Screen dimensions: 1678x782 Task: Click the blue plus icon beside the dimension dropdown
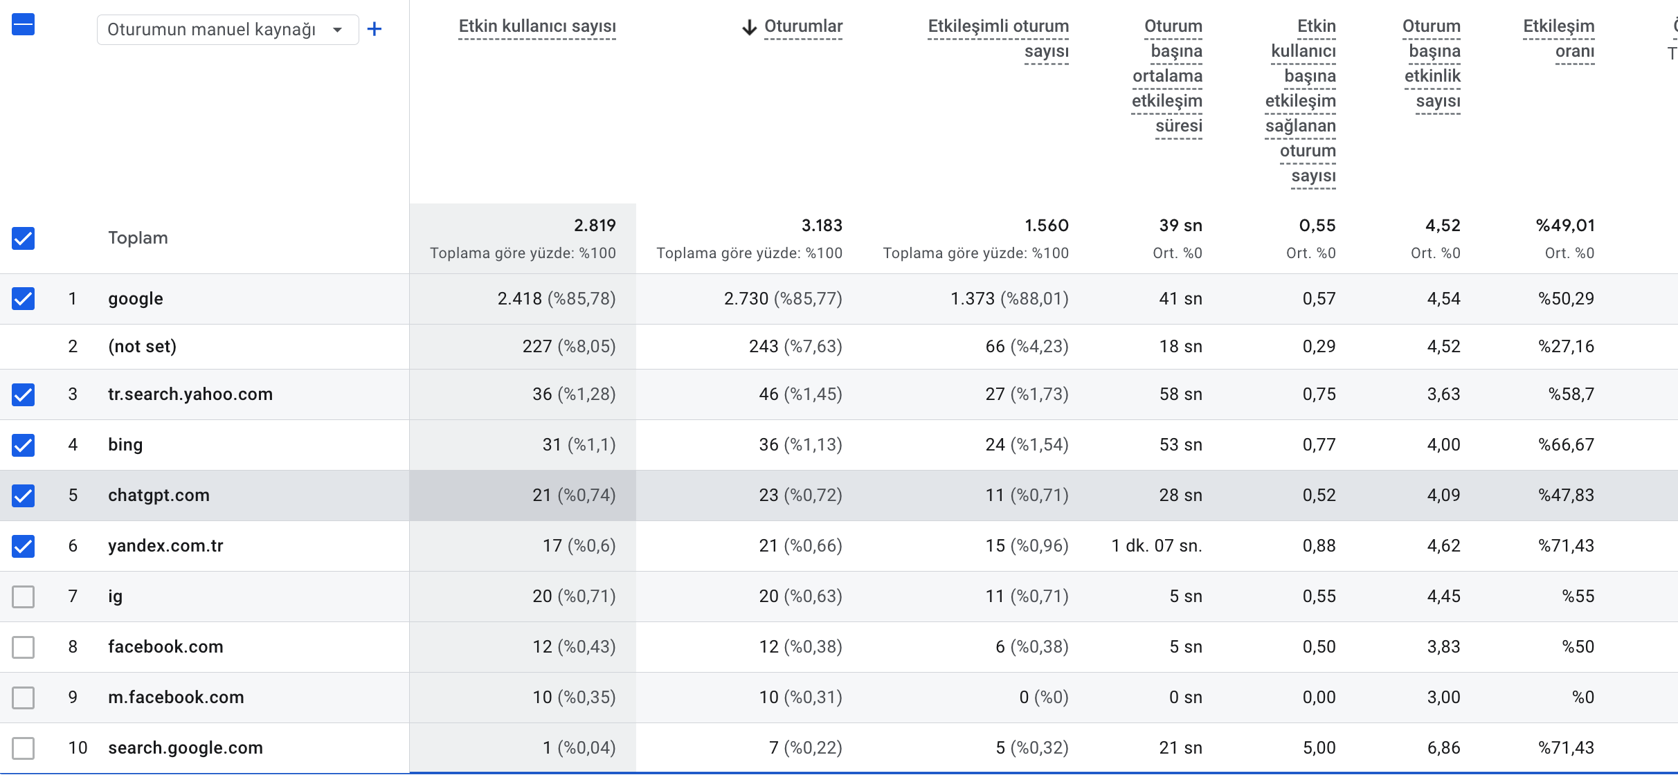(374, 29)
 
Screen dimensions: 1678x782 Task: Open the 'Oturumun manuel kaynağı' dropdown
(228, 30)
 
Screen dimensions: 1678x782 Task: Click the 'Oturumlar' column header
(803, 26)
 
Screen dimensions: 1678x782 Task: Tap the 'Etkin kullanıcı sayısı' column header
(537, 26)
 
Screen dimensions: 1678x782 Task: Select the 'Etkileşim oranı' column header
(1559, 39)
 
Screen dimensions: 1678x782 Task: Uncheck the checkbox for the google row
(23, 298)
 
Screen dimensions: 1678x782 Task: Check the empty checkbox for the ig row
(23, 596)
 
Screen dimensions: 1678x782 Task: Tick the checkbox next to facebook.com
(23, 646)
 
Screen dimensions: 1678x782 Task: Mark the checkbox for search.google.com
(23, 747)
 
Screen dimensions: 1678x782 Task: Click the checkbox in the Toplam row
(23, 238)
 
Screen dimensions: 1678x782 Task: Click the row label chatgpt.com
(159, 495)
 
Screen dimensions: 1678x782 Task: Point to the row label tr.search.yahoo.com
(190, 394)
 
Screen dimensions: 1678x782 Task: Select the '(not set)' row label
(143, 346)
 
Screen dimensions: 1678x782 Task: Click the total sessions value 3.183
(822, 226)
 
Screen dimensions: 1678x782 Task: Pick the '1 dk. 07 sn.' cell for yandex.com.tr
(1157, 546)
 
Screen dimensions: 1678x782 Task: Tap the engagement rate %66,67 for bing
(1566, 444)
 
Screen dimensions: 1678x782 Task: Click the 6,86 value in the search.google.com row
(1443, 747)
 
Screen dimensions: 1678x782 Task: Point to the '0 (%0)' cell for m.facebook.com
(1044, 697)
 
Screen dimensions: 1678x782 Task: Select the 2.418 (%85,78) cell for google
(557, 298)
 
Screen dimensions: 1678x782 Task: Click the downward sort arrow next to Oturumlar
(749, 27)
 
